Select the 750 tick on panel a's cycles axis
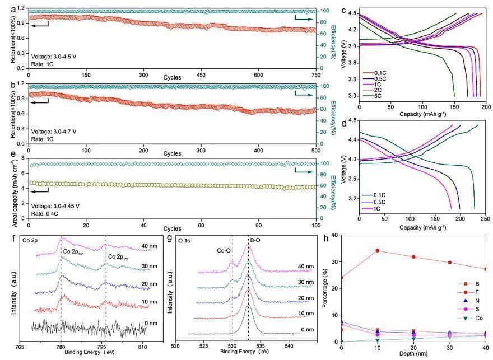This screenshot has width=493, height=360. (315, 74)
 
